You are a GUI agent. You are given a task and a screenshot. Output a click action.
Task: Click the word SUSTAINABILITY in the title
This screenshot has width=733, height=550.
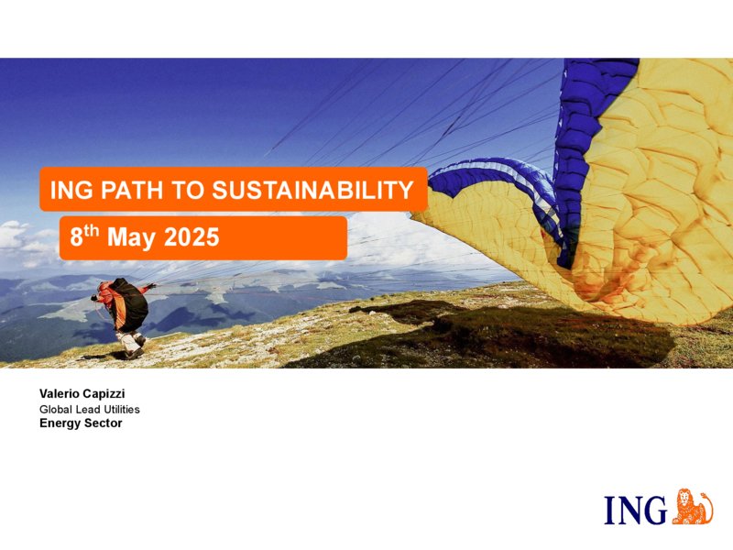[312, 190]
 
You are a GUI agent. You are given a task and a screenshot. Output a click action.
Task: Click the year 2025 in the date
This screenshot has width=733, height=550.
[191, 236]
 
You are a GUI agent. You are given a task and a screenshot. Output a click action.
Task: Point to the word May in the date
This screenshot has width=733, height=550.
[131, 238]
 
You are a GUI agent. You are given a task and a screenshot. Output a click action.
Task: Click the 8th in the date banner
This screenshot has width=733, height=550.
[84, 236]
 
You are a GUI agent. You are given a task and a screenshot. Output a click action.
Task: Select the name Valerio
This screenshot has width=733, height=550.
[59, 394]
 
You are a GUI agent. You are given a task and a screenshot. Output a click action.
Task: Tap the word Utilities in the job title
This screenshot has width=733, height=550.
[122, 409]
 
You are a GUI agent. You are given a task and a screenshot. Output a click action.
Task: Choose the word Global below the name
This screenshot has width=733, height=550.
[56, 409]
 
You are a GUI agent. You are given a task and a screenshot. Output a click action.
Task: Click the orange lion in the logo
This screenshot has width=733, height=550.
[693, 507]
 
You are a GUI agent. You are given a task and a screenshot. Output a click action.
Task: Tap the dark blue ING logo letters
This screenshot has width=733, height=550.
[636, 511]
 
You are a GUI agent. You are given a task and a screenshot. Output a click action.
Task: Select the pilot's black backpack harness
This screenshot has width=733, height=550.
[132, 304]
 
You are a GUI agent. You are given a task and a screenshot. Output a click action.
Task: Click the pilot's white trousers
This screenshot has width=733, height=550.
[130, 342]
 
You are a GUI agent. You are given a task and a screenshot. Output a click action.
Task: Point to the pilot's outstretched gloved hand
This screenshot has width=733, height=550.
[151, 286]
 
